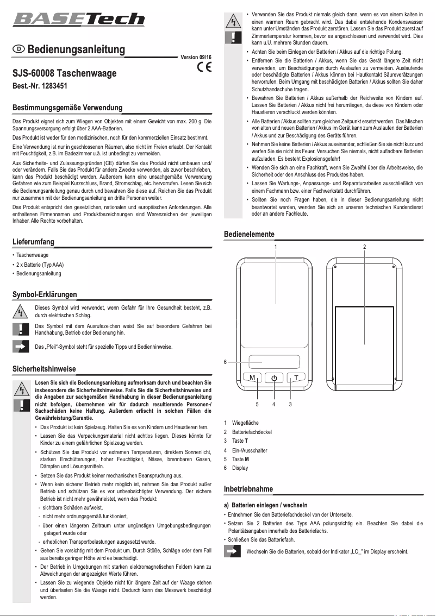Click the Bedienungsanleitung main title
pyautogui.click(x=76, y=49)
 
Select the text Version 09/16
pyautogui.click(x=196, y=57)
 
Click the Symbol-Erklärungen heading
pyautogui.click(x=45, y=294)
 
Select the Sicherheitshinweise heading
pyautogui.click(x=44, y=369)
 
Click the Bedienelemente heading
pyautogui.click(x=250, y=234)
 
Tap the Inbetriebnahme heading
pyautogui.click(x=248, y=489)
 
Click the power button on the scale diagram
pyautogui.click(x=274, y=378)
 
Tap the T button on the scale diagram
pyautogui.click(x=296, y=378)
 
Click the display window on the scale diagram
pyautogui.click(x=275, y=362)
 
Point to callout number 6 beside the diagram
pyautogui.click(x=226, y=362)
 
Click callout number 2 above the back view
pyautogui.click(x=364, y=247)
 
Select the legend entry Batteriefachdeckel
pyautogui.click(x=251, y=432)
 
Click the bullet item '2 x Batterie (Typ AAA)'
pyautogui.click(x=40, y=264)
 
